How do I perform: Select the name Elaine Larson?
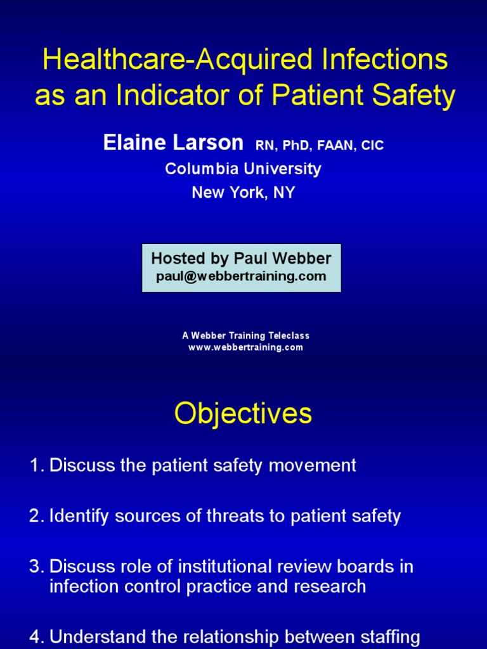173,143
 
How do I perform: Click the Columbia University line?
243,169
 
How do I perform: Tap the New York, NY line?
243,193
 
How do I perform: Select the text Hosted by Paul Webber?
241,259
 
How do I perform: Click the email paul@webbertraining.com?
241,276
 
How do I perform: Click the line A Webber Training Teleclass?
245,336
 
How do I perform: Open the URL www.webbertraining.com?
245,347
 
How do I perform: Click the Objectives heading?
243,414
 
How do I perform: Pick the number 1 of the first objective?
34,466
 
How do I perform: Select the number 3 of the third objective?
34,567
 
